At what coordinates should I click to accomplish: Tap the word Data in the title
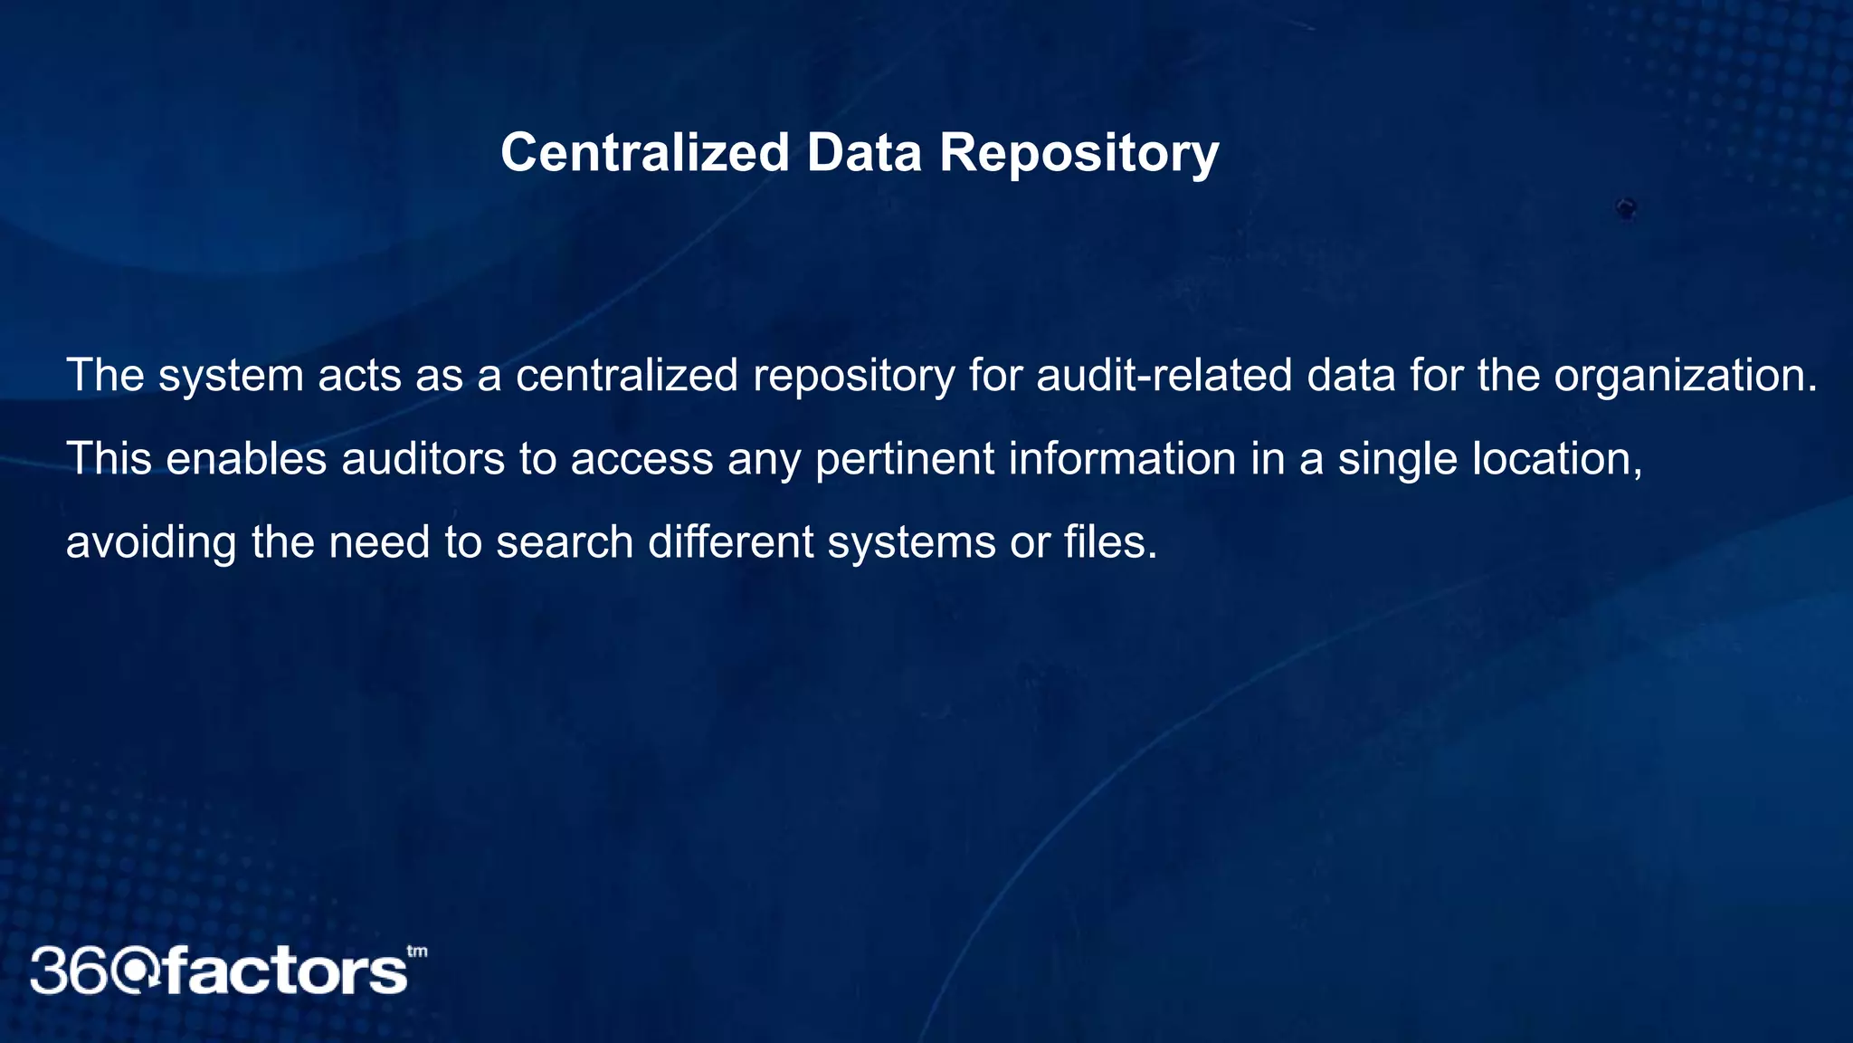click(864, 152)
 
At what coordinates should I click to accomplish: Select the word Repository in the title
click(1079, 154)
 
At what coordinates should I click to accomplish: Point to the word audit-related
click(1164, 375)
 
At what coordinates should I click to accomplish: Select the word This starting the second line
click(109, 458)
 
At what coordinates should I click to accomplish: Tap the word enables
click(246, 458)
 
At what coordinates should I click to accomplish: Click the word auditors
click(423, 458)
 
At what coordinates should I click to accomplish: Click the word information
click(1122, 458)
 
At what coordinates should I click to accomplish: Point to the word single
click(1398, 460)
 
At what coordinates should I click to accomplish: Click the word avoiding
click(151, 543)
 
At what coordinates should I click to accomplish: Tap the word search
click(565, 541)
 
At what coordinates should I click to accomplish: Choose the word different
click(731, 541)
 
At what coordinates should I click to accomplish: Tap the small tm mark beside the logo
click(417, 952)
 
